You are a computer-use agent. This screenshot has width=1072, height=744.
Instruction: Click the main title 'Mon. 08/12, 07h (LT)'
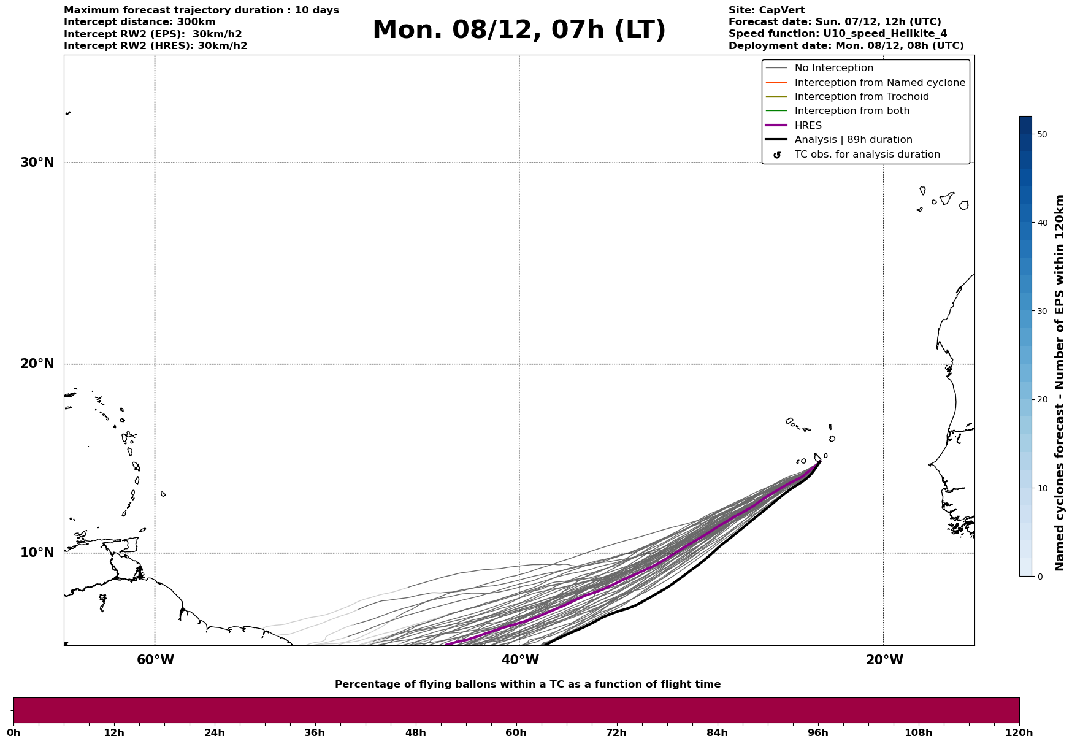519,30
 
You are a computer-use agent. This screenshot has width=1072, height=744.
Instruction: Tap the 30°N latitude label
37,163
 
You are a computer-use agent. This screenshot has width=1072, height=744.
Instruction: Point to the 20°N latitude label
37,364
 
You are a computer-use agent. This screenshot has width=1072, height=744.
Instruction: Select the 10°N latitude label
37,553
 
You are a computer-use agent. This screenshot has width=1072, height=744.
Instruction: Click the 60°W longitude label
155,660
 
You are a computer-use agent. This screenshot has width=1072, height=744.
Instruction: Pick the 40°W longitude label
520,660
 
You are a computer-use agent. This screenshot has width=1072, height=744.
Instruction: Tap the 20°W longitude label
884,660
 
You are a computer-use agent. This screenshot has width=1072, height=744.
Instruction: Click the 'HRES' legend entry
808,126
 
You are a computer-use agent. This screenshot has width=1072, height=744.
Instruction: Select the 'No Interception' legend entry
833,68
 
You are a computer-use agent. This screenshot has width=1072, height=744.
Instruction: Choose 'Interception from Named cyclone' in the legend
879,83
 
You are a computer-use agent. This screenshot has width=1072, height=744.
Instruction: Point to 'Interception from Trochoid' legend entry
861,97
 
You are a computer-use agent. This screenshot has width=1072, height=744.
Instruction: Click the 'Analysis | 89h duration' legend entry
853,140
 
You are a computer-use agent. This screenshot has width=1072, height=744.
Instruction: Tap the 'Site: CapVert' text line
766,10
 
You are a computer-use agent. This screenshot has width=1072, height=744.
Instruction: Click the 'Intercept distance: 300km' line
139,22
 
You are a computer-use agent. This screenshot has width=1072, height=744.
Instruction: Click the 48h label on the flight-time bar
415,732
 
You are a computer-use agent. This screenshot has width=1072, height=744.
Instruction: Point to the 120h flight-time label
1019,732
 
